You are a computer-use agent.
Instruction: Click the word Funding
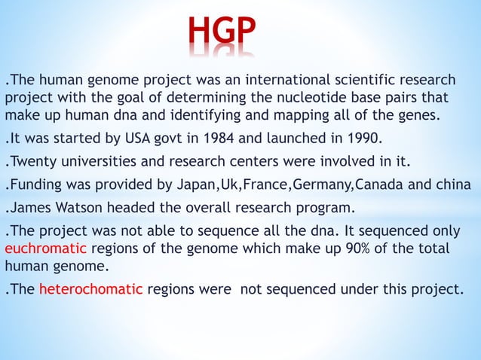[38, 185]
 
